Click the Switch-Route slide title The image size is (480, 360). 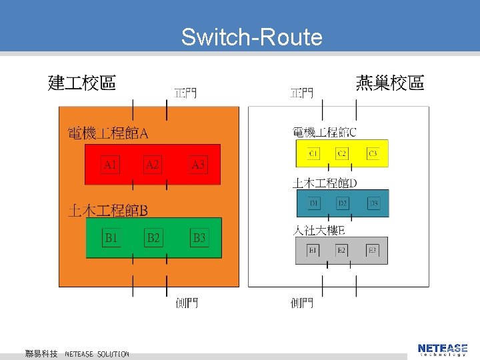(x=251, y=37)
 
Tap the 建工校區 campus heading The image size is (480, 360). (x=82, y=83)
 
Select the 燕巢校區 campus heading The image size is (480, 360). (x=390, y=83)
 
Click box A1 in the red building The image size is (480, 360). (x=111, y=164)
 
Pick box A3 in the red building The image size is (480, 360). (x=198, y=164)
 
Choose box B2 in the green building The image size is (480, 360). (x=153, y=237)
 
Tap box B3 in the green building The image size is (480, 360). (x=199, y=237)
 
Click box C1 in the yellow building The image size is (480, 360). (x=313, y=154)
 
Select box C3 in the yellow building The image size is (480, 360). (x=373, y=154)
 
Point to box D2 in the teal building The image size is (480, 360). (x=343, y=203)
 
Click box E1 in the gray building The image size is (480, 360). (x=313, y=250)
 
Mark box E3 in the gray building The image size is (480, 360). (x=373, y=250)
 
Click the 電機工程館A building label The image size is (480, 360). (x=108, y=134)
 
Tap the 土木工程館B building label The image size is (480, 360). (x=108, y=211)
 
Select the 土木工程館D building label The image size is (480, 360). (x=325, y=183)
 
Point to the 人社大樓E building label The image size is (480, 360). (x=319, y=231)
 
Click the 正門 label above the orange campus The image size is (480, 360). (x=185, y=92)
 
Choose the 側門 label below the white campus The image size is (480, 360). (x=302, y=303)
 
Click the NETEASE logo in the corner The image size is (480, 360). (x=443, y=349)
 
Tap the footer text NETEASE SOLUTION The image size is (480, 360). (x=97, y=353)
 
